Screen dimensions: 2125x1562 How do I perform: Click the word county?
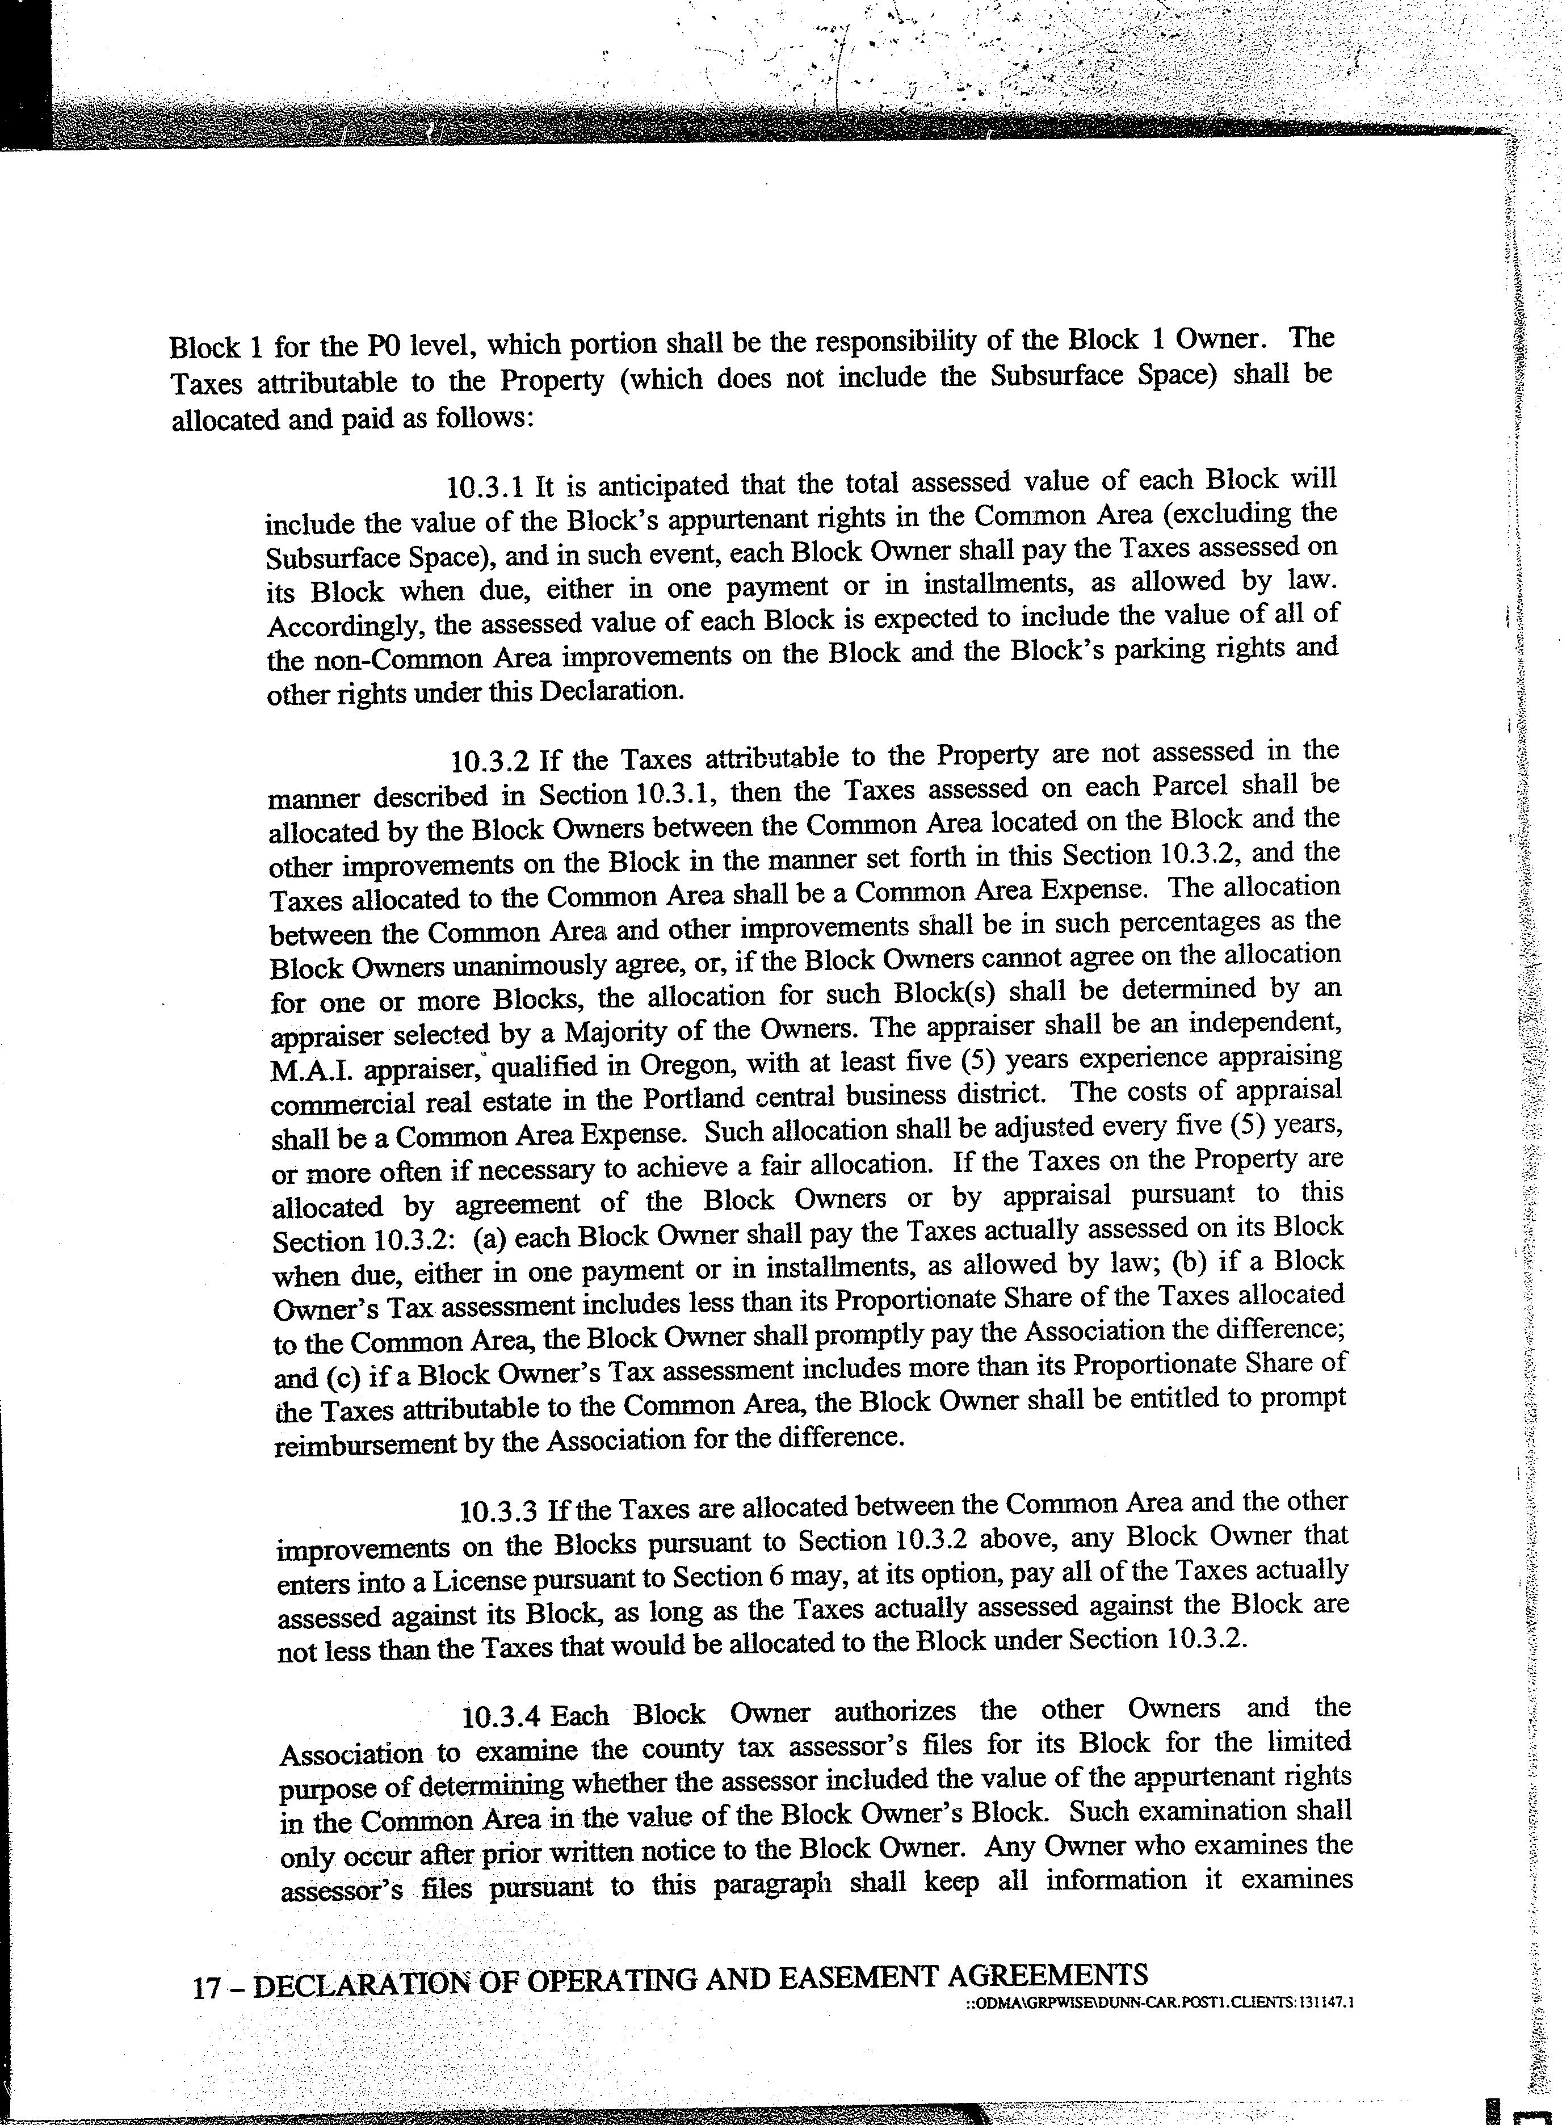[x=676, y=1749]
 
